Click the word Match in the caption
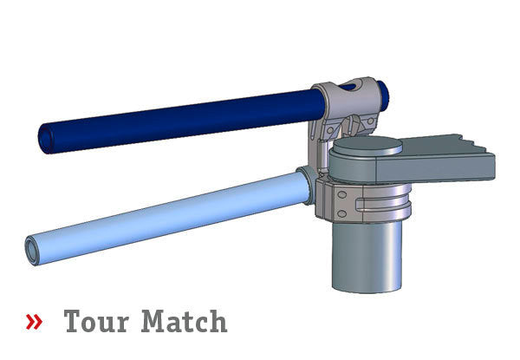[x=184, y=322]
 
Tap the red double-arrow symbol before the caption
[x=34, y=323]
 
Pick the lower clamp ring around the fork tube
[x=364, y=201]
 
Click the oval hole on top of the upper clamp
[x=348, y=87]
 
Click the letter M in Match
[x=155, y=322]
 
